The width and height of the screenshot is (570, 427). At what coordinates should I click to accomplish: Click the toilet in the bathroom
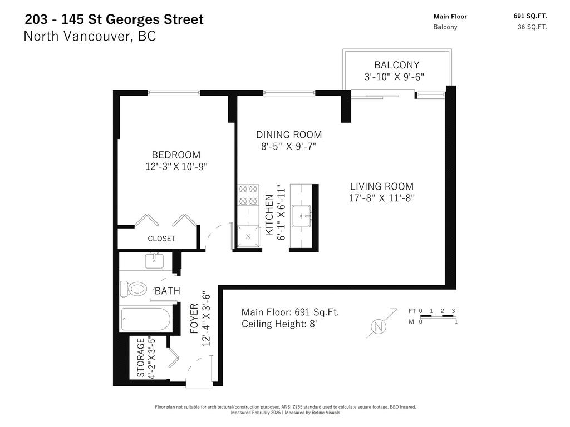[x=134, y=289]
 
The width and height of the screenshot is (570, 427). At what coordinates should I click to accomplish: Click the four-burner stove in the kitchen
[x=247, y=194]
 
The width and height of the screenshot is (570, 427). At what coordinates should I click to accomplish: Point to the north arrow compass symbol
[x=379, y=326]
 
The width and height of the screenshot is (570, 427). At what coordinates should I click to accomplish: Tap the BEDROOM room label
[x=176, y=155]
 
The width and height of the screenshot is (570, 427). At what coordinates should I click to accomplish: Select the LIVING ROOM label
[x=381, y=186]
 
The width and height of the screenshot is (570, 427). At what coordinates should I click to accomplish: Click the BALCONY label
[x=396, y=65]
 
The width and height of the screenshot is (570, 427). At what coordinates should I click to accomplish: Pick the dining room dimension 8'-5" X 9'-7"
[x=289, y=146]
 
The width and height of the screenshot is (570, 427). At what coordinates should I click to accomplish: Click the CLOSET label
[x=161, y=239]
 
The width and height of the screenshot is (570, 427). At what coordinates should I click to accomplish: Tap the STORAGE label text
[x=141, y=358]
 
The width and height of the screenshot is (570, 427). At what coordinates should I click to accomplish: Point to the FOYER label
[x=194, y=319]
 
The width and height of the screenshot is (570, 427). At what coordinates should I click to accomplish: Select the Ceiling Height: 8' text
[x=279, y=324]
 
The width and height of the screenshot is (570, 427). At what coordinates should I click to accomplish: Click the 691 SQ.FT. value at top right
[x=530, y=16]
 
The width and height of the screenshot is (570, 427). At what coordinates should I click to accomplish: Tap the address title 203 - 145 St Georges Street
[x=114, y=19]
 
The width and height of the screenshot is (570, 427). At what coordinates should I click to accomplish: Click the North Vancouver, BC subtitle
[x=90, y=37]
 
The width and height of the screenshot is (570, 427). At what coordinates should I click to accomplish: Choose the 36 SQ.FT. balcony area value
[x=532, y=27]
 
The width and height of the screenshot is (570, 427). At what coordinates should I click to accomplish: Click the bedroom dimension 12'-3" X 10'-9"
[x=176, y=166]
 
